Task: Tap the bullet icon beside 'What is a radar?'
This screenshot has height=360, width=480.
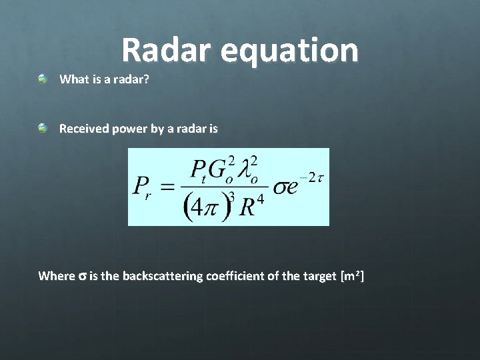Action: (x=43, y=79)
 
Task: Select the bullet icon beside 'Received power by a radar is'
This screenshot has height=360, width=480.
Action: (x=43, y=127)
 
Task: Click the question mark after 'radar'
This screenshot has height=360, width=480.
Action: (x=146, y=79)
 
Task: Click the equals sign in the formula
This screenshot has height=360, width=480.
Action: (x=173, y=186)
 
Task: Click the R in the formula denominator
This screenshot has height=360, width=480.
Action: (x=247, y=207)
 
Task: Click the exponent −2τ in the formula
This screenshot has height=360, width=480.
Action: (x=311, y=177)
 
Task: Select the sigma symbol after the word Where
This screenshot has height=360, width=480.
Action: (x=83, y=276)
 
